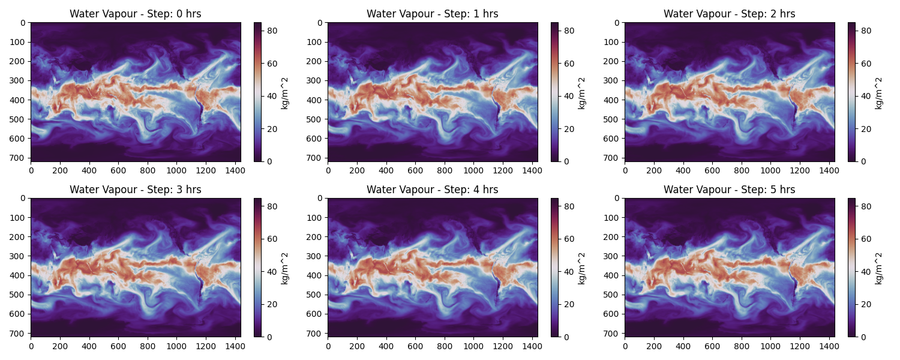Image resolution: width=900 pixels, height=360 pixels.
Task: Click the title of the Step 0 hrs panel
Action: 136,14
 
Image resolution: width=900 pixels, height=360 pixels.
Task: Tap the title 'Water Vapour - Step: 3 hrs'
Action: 136,190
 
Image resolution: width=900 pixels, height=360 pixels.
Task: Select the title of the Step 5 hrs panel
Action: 729,190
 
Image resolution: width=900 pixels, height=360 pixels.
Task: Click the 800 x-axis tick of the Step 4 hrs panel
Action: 445,346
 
